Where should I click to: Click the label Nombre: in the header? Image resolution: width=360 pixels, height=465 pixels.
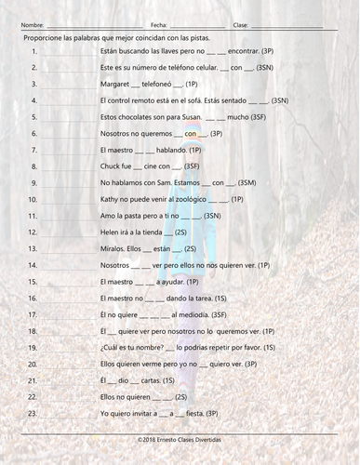[x=31, y=25]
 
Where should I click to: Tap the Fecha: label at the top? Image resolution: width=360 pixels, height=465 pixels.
[x=158, y=25]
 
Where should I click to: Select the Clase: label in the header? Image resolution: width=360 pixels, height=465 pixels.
[x=240, y=25]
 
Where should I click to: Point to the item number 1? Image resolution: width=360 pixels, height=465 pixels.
[x=33, y=54]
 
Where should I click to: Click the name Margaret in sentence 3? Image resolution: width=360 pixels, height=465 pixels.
[x=113, y=83]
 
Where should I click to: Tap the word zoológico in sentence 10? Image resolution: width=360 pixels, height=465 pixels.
[x=189, y=199]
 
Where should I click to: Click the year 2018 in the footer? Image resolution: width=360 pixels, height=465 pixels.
[x=145, y=437]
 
